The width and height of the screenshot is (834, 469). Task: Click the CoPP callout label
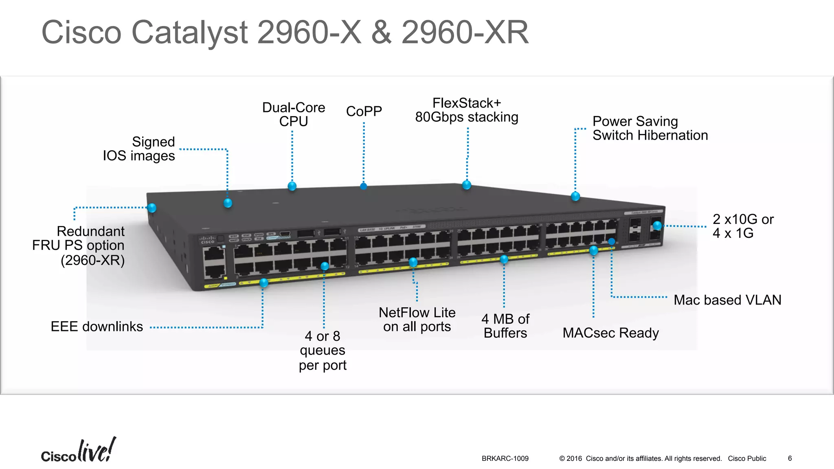(x=364, y=111)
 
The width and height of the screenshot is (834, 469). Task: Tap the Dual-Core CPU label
(x=293, y=114)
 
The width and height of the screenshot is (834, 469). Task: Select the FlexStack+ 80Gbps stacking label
(x=466, y=110)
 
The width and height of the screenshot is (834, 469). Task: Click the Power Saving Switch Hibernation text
(x=650, y=128)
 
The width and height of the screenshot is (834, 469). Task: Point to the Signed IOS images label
(x=139, y=149)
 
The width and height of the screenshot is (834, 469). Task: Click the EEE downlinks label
(x=97, y=327)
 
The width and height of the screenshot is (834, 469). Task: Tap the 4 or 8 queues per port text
(x=323, y=350)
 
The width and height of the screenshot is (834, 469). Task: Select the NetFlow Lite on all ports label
(x=417, y=320)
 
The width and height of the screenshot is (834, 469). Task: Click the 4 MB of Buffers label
(x=505, y=326)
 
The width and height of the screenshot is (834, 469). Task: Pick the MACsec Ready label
(x=610, y=333)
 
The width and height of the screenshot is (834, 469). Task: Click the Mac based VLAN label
(x=727, y=300)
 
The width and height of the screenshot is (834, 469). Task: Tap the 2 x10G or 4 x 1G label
(x=743, y=226)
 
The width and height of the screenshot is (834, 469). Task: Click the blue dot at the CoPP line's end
(x=364, y=186)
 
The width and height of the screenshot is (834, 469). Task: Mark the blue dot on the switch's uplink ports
(x=657, y=226)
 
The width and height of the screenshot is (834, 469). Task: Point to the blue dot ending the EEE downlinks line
(x=263, y=283)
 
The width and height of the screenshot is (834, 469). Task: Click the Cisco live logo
(x=78, y=451)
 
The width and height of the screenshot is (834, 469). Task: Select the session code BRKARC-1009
(x=505, y=458)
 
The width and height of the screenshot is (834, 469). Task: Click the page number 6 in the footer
(x=790, y=458)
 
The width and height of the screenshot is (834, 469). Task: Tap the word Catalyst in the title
(x=189, y=33)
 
